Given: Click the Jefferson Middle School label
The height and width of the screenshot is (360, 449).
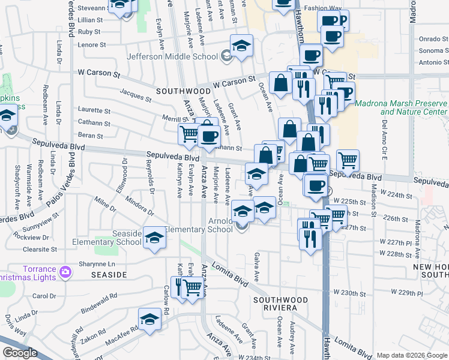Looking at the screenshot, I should click(x=172, y=57).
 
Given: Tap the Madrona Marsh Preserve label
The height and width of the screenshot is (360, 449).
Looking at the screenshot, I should click(x=402, y=107).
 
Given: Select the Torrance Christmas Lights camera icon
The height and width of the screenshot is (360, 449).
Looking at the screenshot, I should click(x=65, y=273).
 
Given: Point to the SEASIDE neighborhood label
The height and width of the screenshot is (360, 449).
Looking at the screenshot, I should click(x=109, y=274).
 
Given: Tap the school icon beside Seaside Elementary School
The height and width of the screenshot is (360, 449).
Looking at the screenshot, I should click(x=154, y=239).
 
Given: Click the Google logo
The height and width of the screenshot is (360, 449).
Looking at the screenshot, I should click(x=20, y=353).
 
